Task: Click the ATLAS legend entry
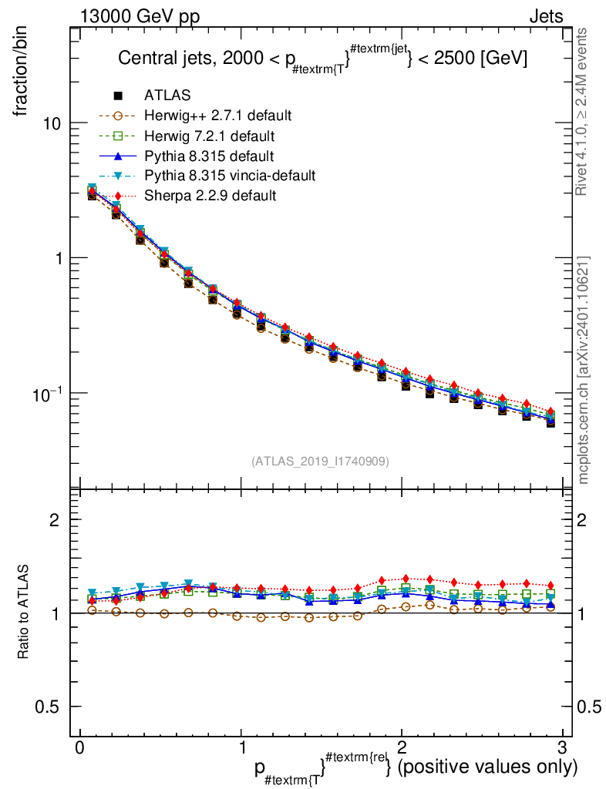click(166, 96)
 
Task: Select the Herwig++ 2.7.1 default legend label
click(217, 116)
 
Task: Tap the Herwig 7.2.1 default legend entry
click(209, 136)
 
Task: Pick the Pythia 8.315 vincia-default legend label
click(230, 176)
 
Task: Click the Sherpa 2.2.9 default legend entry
click(210, 196)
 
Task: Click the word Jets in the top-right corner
click(545, 16)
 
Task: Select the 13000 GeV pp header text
click(139, 16)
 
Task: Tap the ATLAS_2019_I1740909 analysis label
click(320, 462)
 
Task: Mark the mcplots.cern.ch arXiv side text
click(584, 370)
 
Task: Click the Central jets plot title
click(322, 60)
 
